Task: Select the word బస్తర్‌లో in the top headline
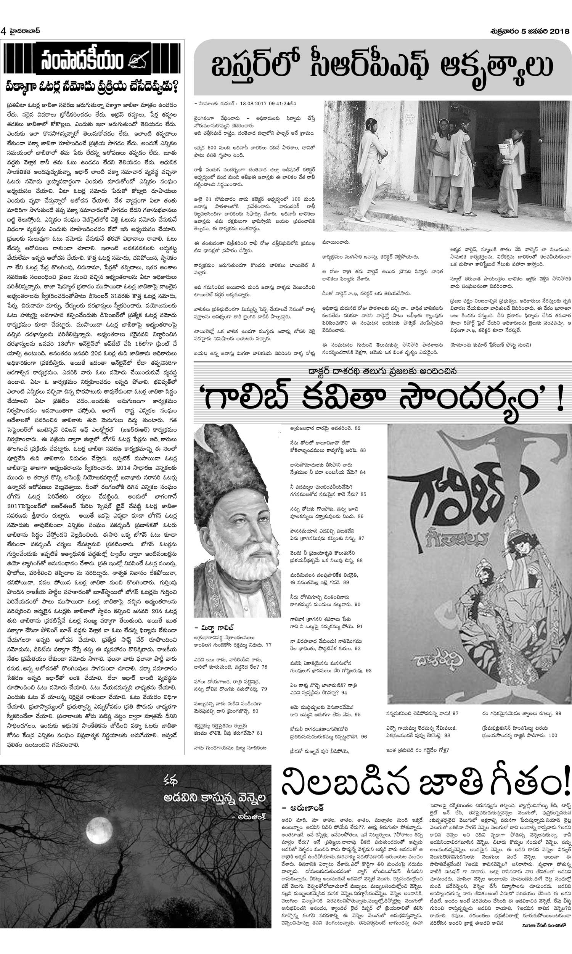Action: [x=251, y=66]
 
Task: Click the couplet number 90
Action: [x=357, y=604]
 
